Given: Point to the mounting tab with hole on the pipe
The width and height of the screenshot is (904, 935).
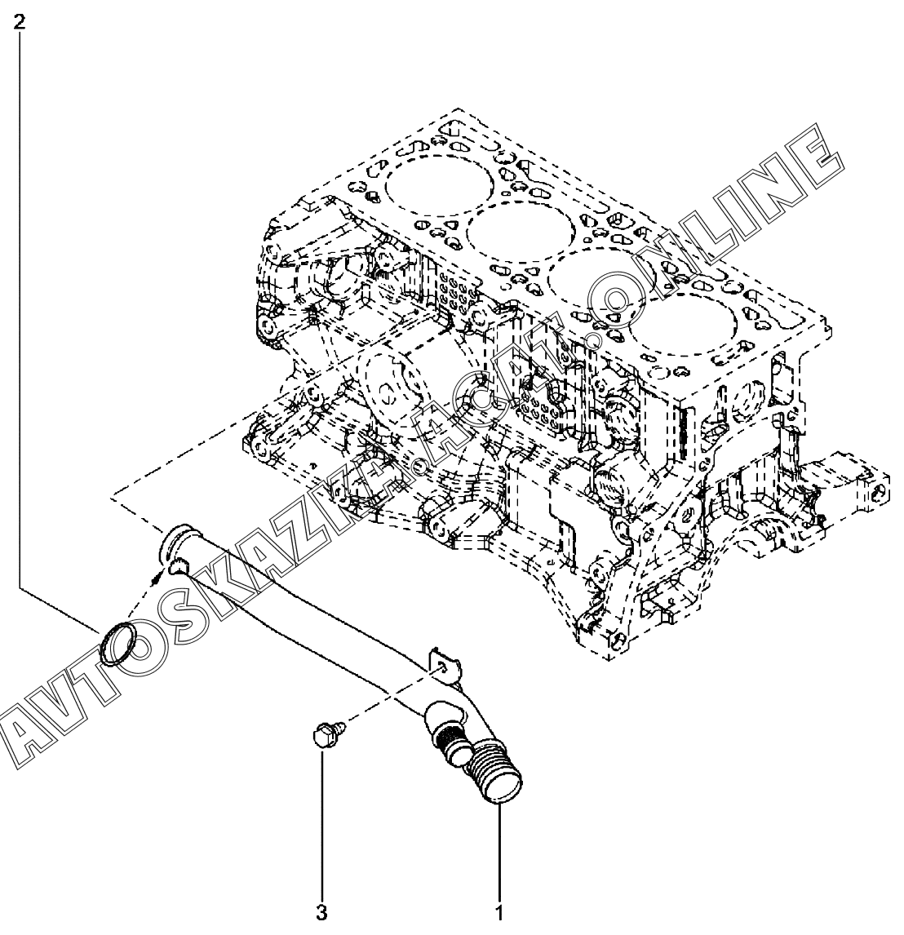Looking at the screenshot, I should (x=440, y=662).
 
